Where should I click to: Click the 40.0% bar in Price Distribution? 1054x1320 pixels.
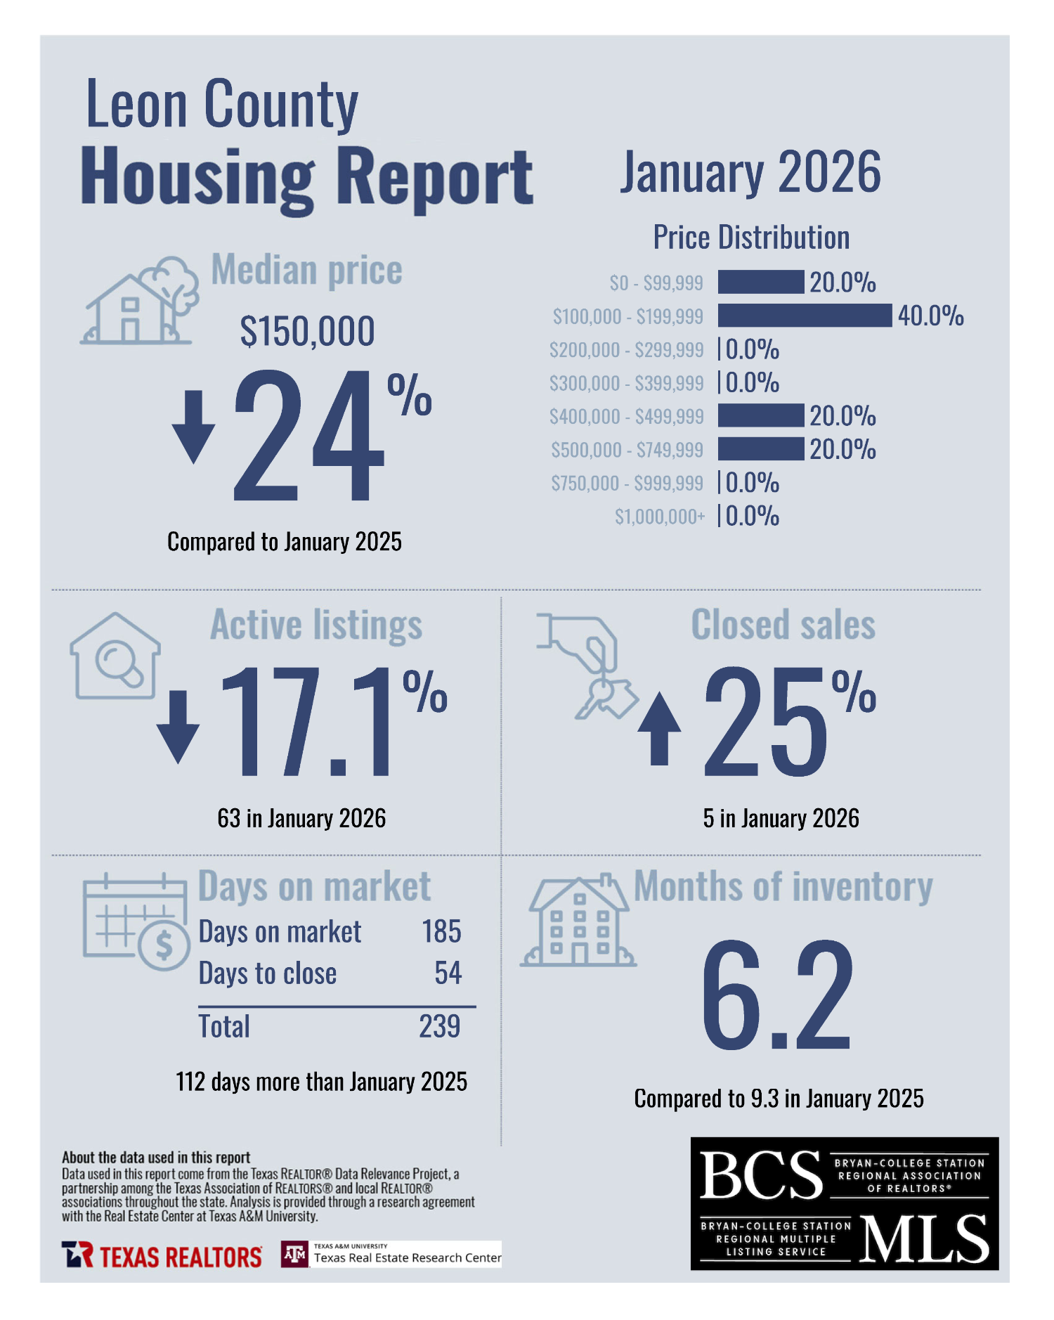click(x=804, y=316)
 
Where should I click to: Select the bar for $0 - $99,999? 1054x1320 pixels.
click(x=760, y=282)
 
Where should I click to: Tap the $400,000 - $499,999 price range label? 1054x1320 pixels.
click(x=626, y=417)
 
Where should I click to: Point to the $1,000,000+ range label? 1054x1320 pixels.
click(x=659, y=517)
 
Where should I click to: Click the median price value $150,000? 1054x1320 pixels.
click(x=307, y=331)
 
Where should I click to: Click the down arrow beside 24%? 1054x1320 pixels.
click(x=193, y=427)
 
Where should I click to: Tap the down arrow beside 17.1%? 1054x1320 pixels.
click(x=178, y=727)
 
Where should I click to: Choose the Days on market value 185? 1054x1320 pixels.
click(x=441, y=932)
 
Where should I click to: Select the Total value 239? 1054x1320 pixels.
click(x=440, y=1026)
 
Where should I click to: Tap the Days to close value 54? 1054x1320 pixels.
click(x=448, y=973)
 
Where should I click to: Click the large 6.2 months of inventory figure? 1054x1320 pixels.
click(x=776, y=994)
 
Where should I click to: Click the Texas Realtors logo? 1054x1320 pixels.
click(x=162, y=1256)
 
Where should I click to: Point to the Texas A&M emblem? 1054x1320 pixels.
click(x=294, y=1254)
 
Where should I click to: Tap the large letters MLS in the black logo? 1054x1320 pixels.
click(x=923, y=1239)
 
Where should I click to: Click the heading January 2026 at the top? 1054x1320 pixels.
click(x=750, y=173)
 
